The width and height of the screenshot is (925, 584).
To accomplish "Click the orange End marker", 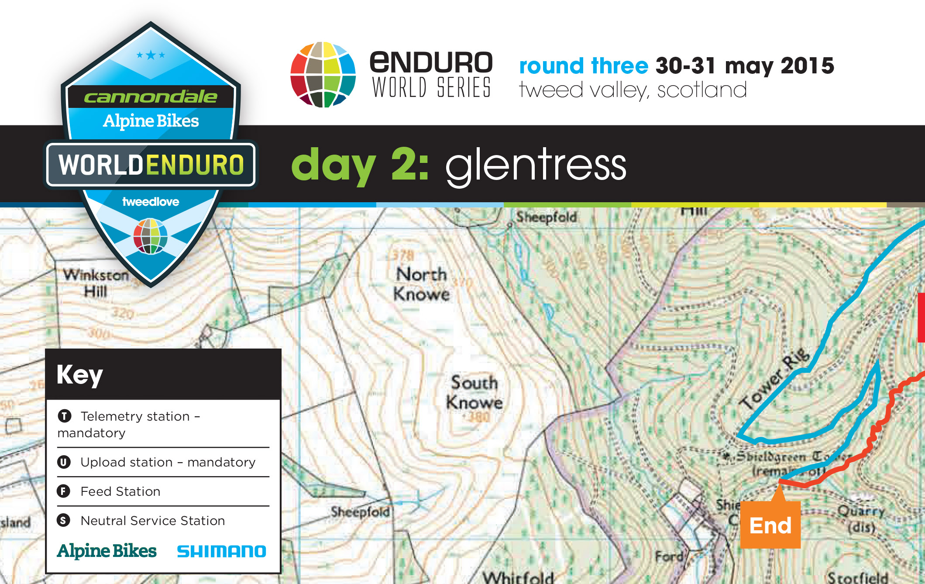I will click(770, 525).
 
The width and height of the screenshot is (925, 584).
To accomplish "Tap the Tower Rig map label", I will click(775, 380).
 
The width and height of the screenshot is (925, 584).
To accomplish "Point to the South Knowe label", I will click(474, 392).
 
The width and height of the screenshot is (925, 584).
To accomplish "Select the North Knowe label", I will click(421, 284).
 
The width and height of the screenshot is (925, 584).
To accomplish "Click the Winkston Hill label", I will click(96, 283).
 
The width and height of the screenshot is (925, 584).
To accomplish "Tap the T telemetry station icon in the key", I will click(65, 416).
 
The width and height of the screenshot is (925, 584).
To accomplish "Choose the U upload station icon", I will click(64, 462).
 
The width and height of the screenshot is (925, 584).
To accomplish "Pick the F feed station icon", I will click(64, 491).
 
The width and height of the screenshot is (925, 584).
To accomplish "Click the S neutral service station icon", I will click(64, 520).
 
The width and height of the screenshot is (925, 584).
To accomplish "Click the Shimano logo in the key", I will click(221, 551).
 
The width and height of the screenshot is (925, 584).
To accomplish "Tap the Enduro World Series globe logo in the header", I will click(323, 74).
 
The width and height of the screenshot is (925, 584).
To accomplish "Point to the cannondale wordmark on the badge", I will click(151, 97).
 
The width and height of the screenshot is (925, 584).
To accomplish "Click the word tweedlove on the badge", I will click(151, 201).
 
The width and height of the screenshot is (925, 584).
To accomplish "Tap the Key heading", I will click(80, 374).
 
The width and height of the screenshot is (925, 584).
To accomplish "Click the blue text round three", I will click(584, 66).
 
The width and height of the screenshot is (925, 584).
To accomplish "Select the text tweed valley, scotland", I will click(633, 90).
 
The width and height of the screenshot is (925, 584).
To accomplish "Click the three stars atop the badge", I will click(151, 55).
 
